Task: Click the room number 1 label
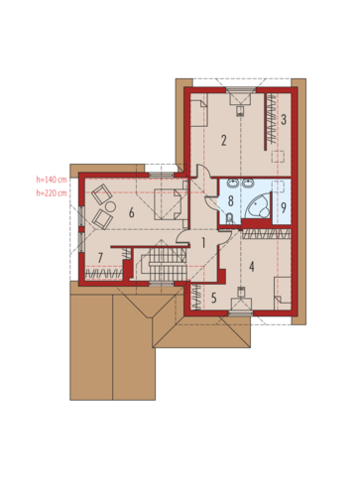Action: pos(203,243)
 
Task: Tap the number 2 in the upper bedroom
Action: pos(224,141)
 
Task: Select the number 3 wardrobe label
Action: pos(284,119)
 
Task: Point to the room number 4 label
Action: pos(252,266)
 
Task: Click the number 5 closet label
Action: pos(214,298)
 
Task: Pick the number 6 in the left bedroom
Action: pos(131,212)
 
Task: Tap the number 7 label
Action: pos(100,257)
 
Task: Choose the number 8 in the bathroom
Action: pos(231,200)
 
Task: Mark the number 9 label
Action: pos(284,207)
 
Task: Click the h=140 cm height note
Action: pos(52,180)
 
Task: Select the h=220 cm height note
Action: pos(52,192)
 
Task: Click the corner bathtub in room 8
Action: pos(257,206)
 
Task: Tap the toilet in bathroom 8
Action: pos(230,218)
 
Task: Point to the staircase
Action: pos(162,264)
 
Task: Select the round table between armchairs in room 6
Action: pos(110,207)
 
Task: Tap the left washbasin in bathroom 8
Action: pos(233,183)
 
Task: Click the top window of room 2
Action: pos(241,89)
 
